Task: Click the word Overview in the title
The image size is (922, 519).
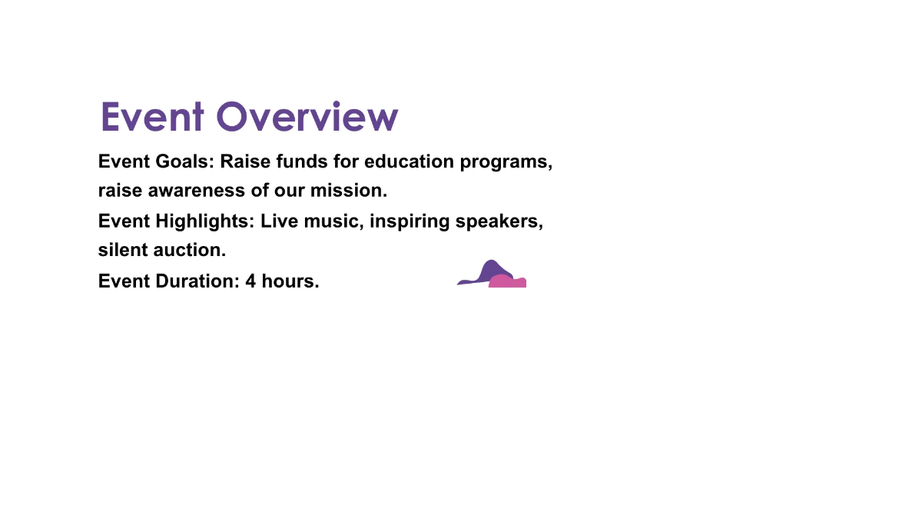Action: click(307, 117)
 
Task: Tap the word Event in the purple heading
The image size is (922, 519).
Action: click(151, 117)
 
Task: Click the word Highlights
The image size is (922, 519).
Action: click(204, 221)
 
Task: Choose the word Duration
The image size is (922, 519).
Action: click(197, 281)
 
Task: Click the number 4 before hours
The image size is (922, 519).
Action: click(250, 281)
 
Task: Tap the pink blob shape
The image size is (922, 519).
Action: click(509, 281)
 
